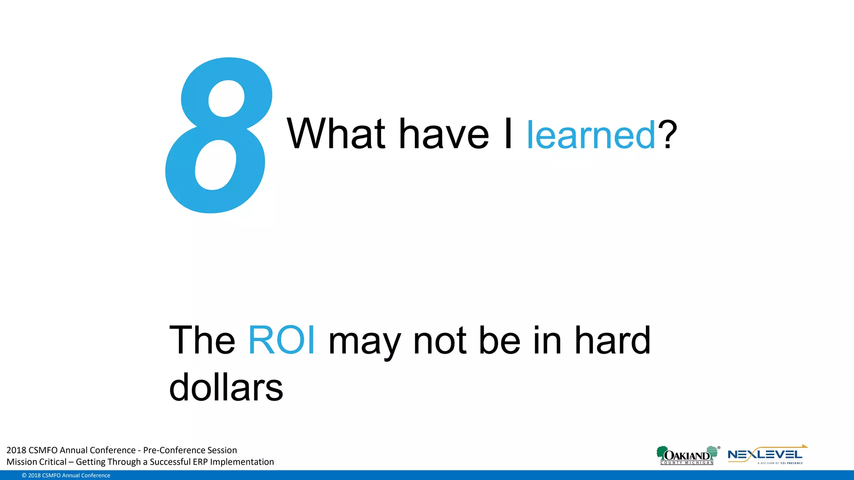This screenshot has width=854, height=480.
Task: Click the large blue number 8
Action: [219, 135]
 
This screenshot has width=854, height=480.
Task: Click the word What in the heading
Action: [336, 134]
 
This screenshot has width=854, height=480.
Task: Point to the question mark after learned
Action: [667, 134]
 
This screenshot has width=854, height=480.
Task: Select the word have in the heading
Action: [444, 134]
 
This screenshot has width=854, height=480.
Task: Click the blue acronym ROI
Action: [281, 340]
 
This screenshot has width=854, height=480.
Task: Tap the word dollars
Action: [226, 387]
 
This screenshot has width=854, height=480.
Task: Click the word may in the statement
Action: [364, 344]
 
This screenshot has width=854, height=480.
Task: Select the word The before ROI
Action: [202, 340]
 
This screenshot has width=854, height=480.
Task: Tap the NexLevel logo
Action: [766, 455]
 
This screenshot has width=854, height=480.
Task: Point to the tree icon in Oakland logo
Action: [661, 452]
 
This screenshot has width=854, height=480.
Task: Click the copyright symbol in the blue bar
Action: [24, 475]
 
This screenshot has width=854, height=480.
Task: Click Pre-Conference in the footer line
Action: [169, 450]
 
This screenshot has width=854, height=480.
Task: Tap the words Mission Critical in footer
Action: [36, 462]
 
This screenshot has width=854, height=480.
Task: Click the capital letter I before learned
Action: [508, 134]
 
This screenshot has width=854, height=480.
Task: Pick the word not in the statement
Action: [440, 341]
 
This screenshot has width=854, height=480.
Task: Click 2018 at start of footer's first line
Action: [16, 450]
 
